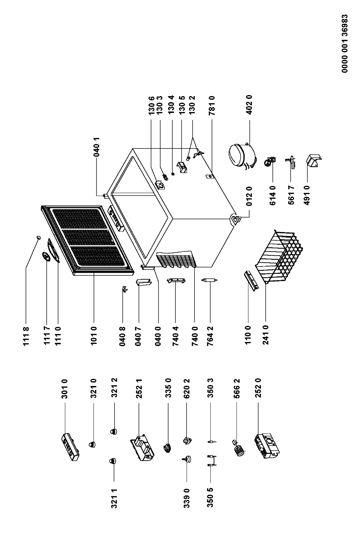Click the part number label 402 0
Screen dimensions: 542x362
coord(249,105)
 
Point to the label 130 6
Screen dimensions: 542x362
coord(151,105)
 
